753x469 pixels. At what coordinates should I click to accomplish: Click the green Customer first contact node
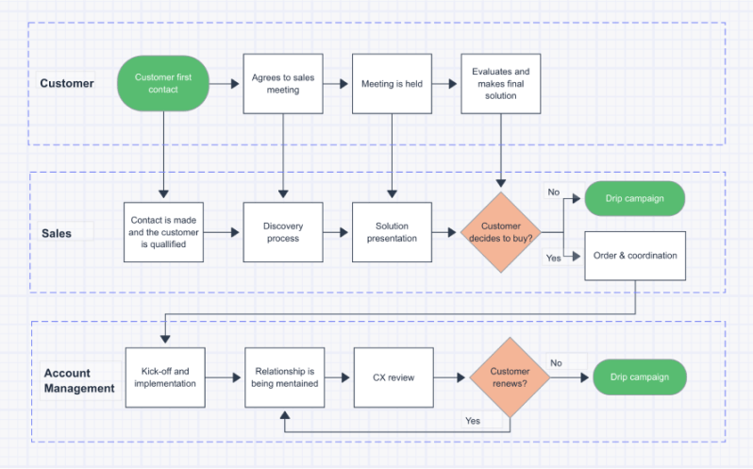coord(162,83)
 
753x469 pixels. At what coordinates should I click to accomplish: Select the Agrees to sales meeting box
coord(283,83)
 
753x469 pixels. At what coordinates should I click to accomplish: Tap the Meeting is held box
coord(392,83)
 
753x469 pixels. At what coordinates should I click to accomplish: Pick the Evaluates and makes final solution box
coord(500,83)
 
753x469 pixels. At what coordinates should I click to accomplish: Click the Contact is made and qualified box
coord(165,232)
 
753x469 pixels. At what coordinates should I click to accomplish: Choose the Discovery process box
coord(283,232)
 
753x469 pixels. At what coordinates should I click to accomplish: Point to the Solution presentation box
coord(392,232)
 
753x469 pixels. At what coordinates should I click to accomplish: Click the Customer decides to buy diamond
coord(500,232)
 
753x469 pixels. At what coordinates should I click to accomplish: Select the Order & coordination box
coord(635,255)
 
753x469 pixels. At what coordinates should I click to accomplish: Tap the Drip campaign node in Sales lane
coord(634,199)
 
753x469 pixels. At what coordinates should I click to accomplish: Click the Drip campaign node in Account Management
coord(639,377)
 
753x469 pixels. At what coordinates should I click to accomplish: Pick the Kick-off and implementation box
coord(165,377)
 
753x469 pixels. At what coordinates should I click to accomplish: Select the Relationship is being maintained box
coord(284,377)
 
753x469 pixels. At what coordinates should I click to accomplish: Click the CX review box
coord(393,377)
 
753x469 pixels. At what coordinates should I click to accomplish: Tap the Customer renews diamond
coord(510,377)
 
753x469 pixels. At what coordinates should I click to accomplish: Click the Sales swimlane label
coord(56,232)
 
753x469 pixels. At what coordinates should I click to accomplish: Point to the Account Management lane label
coord(79,380)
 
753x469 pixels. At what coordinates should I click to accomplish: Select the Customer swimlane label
coord(67,83)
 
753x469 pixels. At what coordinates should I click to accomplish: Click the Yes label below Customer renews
coord(473,420)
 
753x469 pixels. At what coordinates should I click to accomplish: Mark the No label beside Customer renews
coord(556,363)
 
